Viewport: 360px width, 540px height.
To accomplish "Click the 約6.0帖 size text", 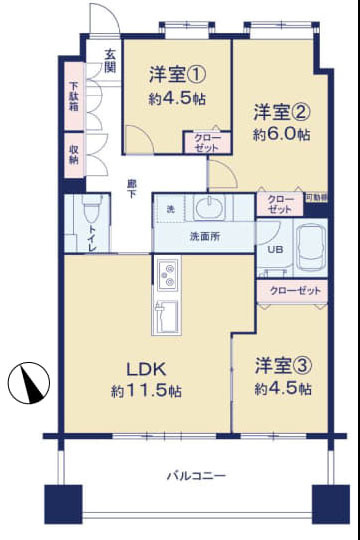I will [x=281, y=134].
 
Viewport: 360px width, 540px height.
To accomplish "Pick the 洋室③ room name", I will [x=283, y=365].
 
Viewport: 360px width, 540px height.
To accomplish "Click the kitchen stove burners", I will [x=166, y=272].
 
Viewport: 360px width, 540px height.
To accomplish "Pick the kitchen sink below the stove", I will [x=166, y=317].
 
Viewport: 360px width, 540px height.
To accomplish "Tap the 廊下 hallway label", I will [x=132, y=187].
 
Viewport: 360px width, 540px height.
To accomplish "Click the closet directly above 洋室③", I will [x=293, y=290].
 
